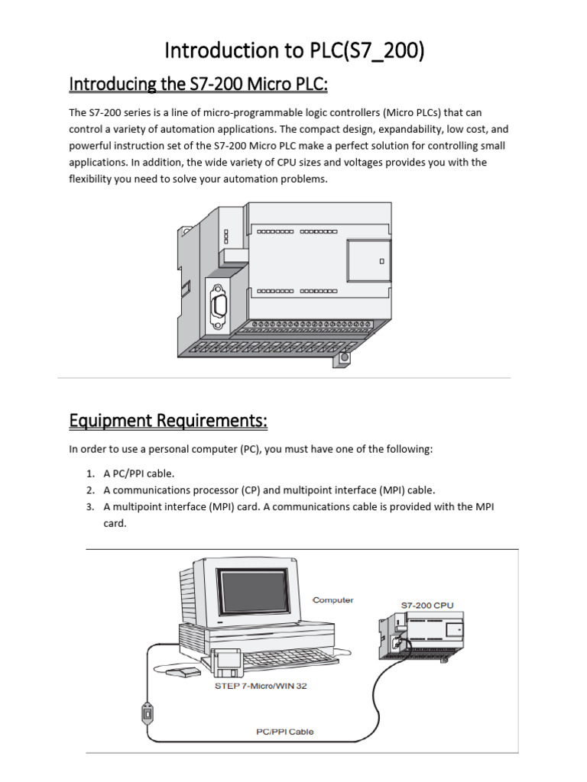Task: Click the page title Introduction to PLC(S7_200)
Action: (294, 51)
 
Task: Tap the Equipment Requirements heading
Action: (168, 421)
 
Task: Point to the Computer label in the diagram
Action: (333, 600)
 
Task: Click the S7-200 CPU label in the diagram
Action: (427, 605)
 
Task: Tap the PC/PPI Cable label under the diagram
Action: (284, 732)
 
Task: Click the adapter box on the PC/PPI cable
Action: (148, 713)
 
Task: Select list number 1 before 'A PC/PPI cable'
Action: (89, 473)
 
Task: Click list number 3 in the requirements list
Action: (89, 506)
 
